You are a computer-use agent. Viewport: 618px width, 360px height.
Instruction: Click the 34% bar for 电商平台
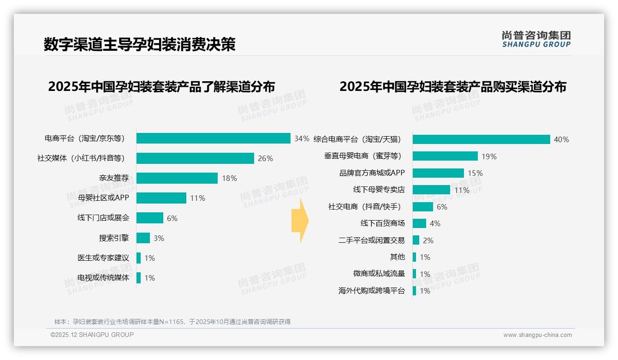(213, 138)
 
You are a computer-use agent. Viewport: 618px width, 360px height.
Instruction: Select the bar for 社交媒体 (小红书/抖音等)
(195, 158)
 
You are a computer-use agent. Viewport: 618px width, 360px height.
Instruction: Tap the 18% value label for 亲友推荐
(229, 178)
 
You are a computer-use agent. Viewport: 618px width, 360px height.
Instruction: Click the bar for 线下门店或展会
(150, 218)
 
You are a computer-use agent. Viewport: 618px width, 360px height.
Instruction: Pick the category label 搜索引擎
(114, 238)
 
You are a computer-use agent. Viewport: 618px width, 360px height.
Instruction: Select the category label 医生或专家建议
(103, 258)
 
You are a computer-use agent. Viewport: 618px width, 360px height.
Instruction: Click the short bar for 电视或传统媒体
(138, 278)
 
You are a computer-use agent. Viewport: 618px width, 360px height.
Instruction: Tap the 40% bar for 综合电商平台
(481, 139)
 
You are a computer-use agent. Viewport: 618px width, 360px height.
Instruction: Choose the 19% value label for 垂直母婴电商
(489, 156)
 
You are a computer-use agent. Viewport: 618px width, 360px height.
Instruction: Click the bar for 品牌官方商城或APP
(438, 173)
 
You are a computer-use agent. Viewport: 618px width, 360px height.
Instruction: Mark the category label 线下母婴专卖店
(379, 190)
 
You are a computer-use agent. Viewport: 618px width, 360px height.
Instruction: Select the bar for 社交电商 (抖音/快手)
(423, 207)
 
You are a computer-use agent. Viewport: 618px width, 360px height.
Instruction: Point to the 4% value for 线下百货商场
(435, 223)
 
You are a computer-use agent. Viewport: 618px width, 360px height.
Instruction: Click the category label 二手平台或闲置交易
(372, 240)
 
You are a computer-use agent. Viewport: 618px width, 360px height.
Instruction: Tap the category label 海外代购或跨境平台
(372, 291)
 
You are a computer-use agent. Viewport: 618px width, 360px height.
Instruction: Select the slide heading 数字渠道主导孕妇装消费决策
(140, 44)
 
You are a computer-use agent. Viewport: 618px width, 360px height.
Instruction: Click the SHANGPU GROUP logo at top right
(536, 39)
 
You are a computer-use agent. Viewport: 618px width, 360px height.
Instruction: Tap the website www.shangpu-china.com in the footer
(537, 335)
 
